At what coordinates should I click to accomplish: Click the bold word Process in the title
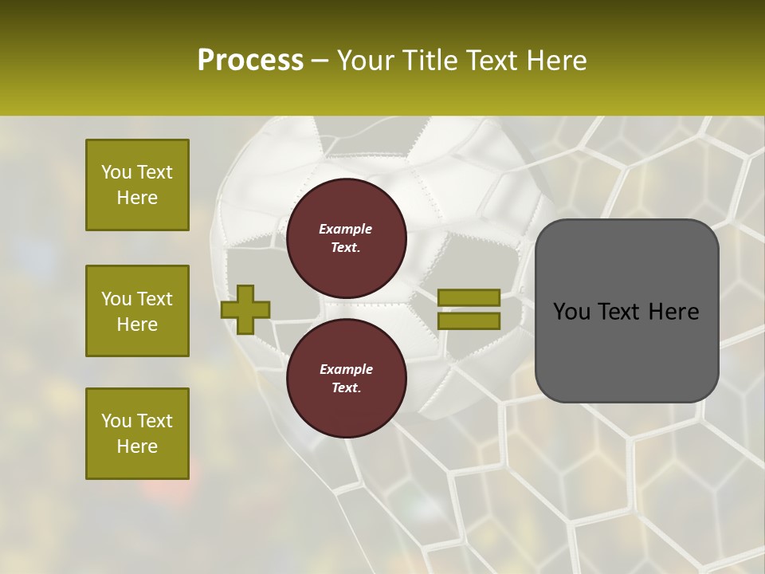coord(250,61)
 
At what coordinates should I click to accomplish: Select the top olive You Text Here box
coord(137,185)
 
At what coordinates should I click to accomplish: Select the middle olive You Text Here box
coord(137,311)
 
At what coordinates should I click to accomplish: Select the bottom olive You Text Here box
coord(137,434)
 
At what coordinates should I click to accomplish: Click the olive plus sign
coord(245,309)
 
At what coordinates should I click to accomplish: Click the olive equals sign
coord(469,309)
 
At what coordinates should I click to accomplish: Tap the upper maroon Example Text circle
coord(347,238)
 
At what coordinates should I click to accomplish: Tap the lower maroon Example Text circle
coord(347,379)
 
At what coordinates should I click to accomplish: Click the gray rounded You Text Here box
coord(626,311)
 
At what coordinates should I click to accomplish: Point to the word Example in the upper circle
coord(346,229)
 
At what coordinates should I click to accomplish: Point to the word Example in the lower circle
coord(346,369)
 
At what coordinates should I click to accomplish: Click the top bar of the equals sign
coord(469,297)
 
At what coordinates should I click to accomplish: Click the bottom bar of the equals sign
coord(469,321)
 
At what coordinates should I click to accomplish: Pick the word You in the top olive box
coord(116,172)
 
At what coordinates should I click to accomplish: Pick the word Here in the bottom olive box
coord(137,446)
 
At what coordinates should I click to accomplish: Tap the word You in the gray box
coord(572,312)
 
